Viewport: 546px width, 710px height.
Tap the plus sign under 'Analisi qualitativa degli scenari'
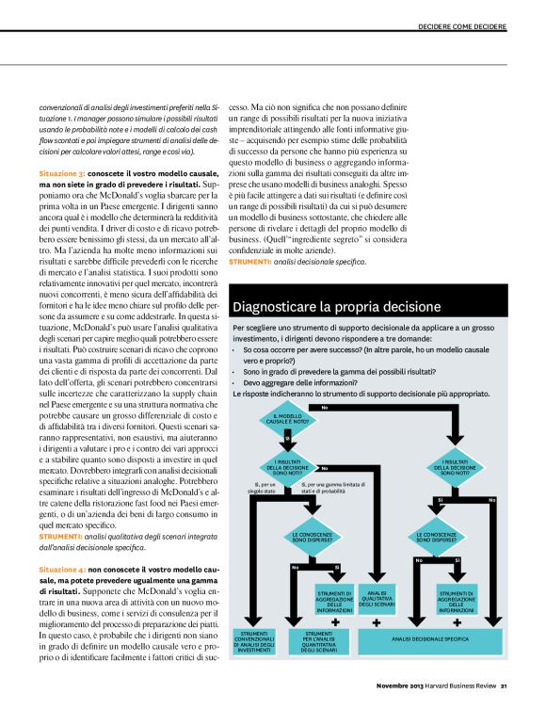click(377, 621)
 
